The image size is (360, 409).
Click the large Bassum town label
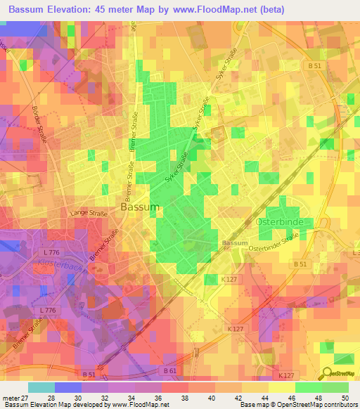[x=140, y=207]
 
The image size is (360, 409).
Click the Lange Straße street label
[x=87, y=212]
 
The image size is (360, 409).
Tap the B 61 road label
[x=170, y=370]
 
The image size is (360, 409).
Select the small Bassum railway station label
[x=234, y=243]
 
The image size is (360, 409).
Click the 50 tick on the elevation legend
[x=345, y=397]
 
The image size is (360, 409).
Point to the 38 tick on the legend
[x=185, y=397]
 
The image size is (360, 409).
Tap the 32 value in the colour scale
[x=105, y=397]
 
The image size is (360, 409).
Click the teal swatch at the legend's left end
[x=41, y=387]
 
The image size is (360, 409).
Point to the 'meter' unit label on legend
[x=10, y=397]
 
